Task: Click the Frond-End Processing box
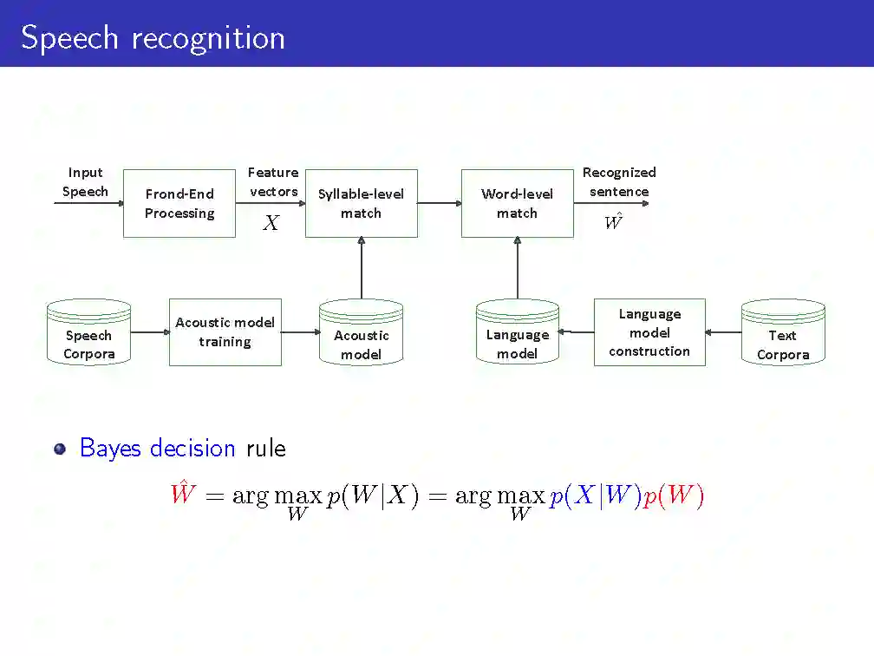(x=179, y=203)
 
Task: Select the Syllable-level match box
(x=362, y=203)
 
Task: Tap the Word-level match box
(x=517, y=203)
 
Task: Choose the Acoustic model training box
(x=225, y=331)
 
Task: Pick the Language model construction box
(x=649, y=332)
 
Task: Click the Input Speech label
(x=85, y=182)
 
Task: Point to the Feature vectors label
(x=273, y=182)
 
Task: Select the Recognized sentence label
(x=619, y=182)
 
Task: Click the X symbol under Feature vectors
(x=271, y=224)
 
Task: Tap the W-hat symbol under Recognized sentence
(x=613, y=222)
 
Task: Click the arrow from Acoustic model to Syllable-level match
(x=362, y=268)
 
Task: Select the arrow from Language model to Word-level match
(x=518, y=268)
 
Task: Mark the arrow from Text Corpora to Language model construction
(x=723, y=332)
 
